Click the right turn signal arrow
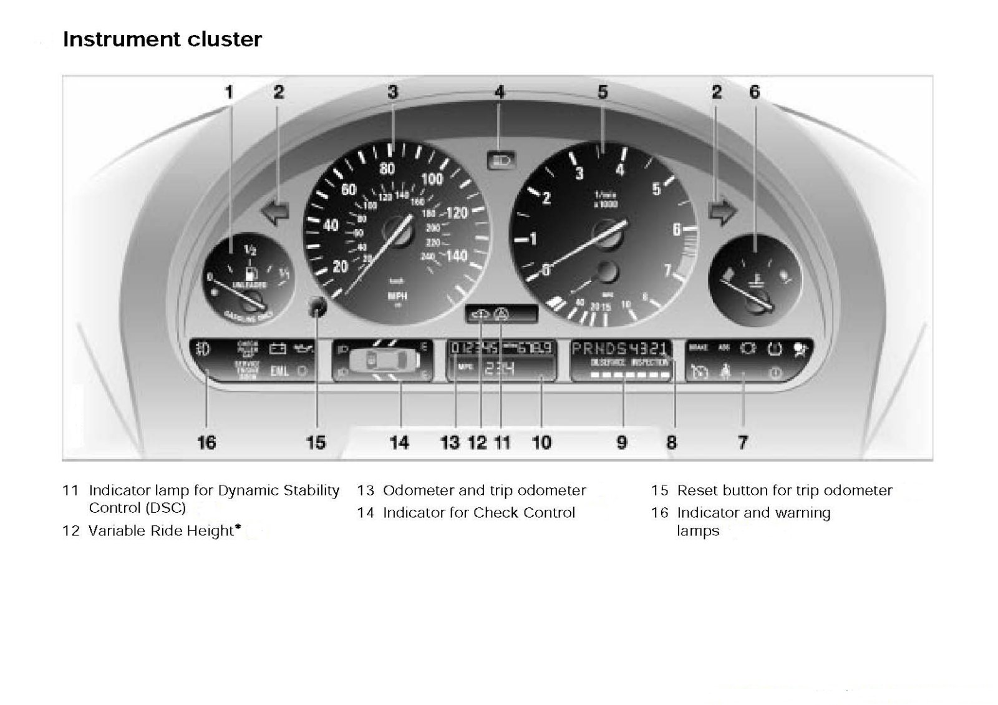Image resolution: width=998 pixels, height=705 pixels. pyautogui.click(x=722, y=212)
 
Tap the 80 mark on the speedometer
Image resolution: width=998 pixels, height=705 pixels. pyautogui.click(x=387, y=168)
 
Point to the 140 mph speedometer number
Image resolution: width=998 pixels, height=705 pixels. pyautogui.click(x=457, y=256)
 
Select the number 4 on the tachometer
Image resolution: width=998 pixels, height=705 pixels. pyautogui.click(x=619, y=169)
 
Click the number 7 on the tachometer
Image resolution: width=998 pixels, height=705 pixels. pyautogui.click(x=667, y=270)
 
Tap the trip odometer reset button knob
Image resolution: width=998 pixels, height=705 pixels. pyautogui.click(x=318, y=306)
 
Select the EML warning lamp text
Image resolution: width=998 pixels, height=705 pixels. pyautogui.click(x=279, y=371)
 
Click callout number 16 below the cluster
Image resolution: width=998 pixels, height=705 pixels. pyautogui.click(x=206, y=442)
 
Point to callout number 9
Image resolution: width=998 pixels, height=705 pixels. pyautogui.click(x=622, y=442)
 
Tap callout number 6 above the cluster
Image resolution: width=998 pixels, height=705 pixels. pyautogui.click(x=755, y=92)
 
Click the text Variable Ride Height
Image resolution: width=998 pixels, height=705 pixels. pyautogui.click(x=161, y=531)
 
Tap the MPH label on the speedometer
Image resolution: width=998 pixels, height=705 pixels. pyautogui.click(x=397, y=296)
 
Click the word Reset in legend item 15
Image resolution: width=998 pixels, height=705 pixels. pyautogui.click(x=697, y=490)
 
